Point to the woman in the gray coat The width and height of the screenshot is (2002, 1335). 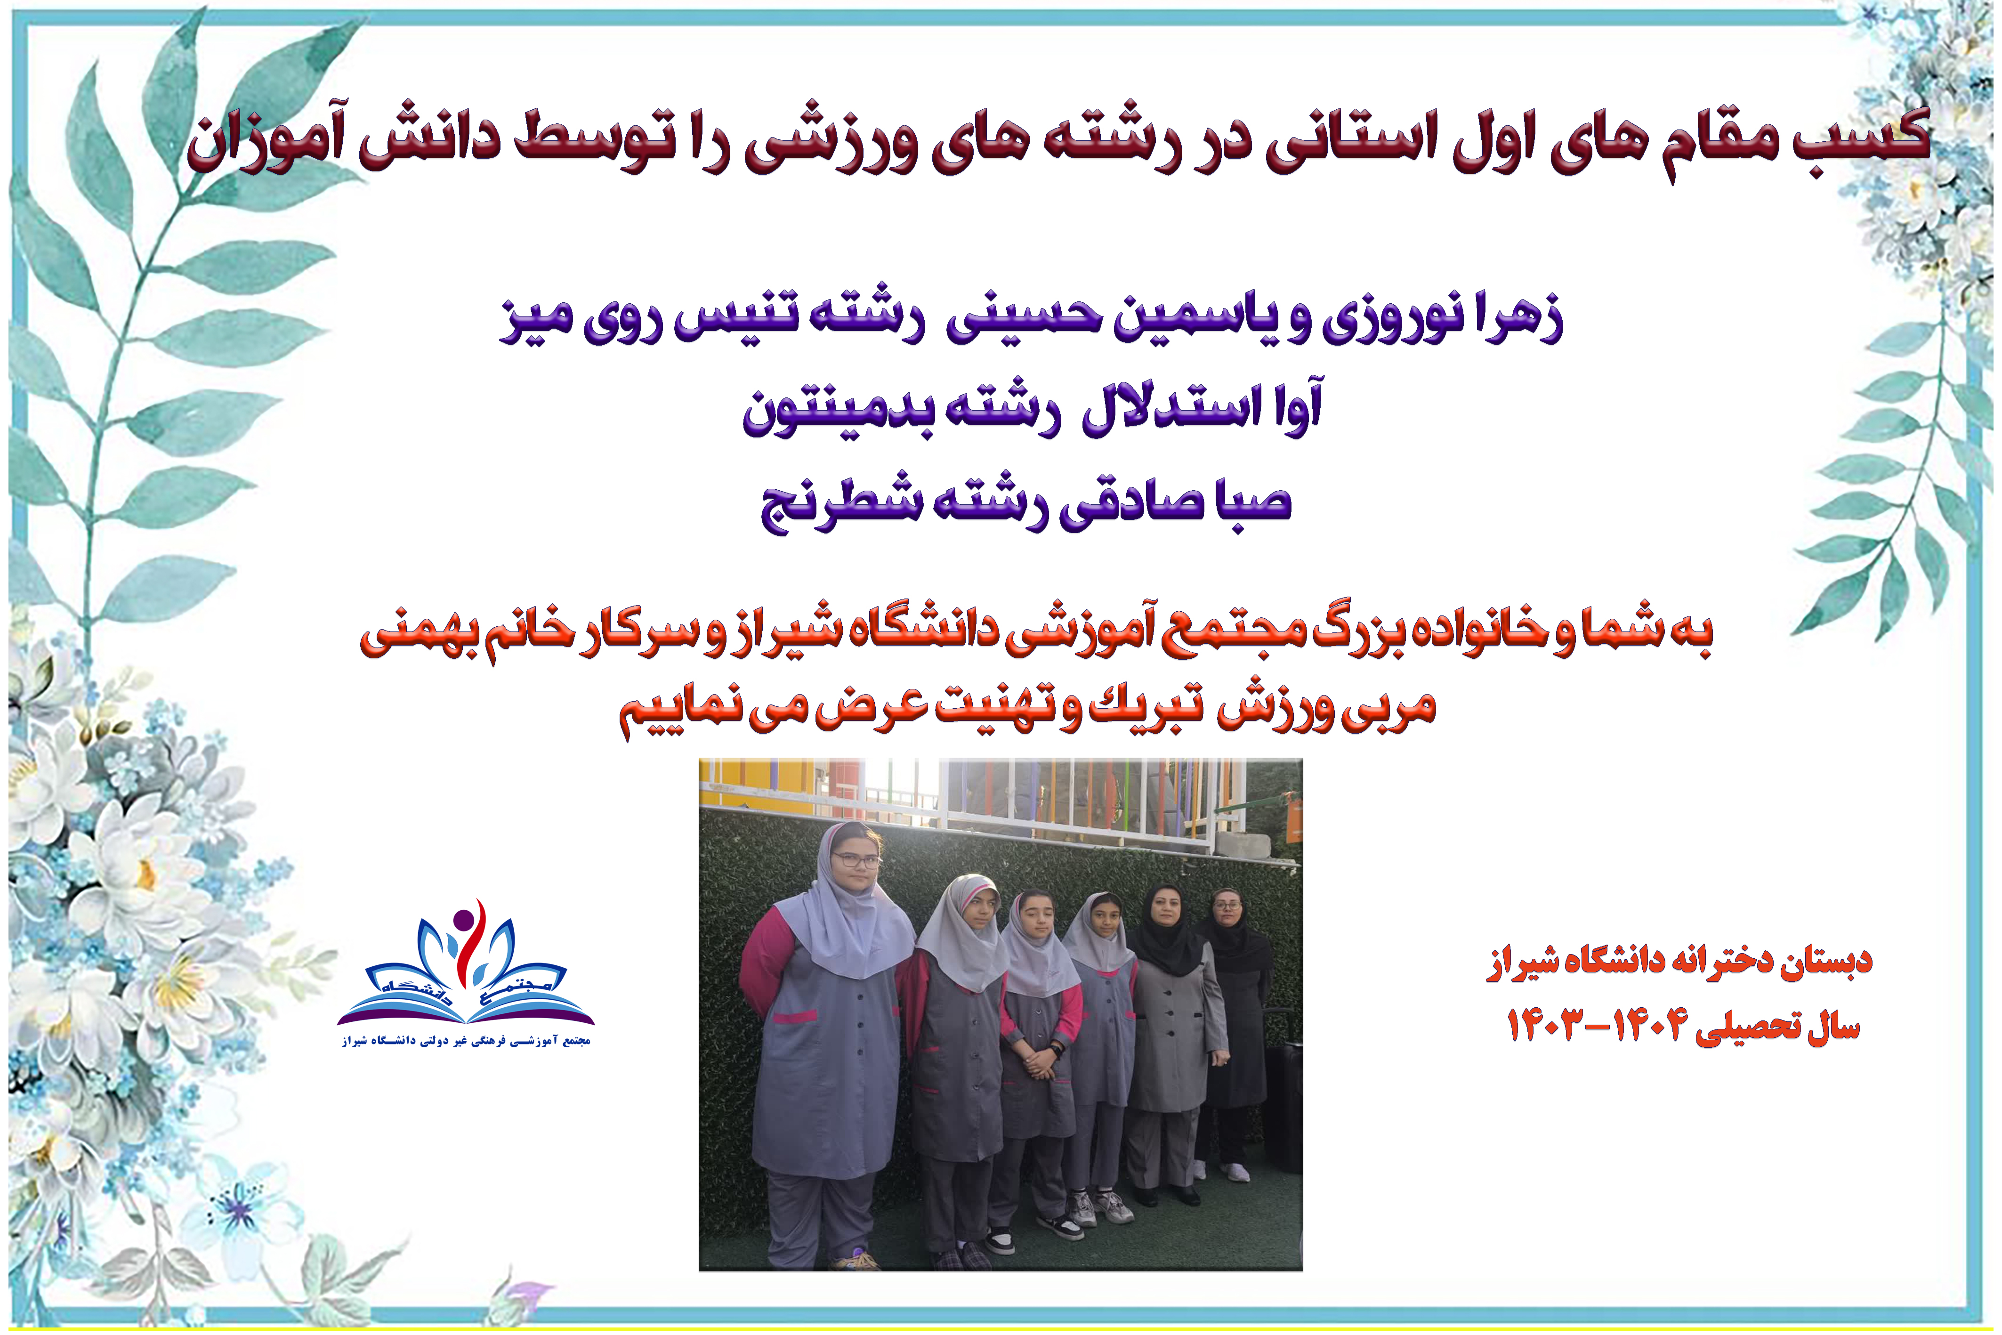point(1175,1047)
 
